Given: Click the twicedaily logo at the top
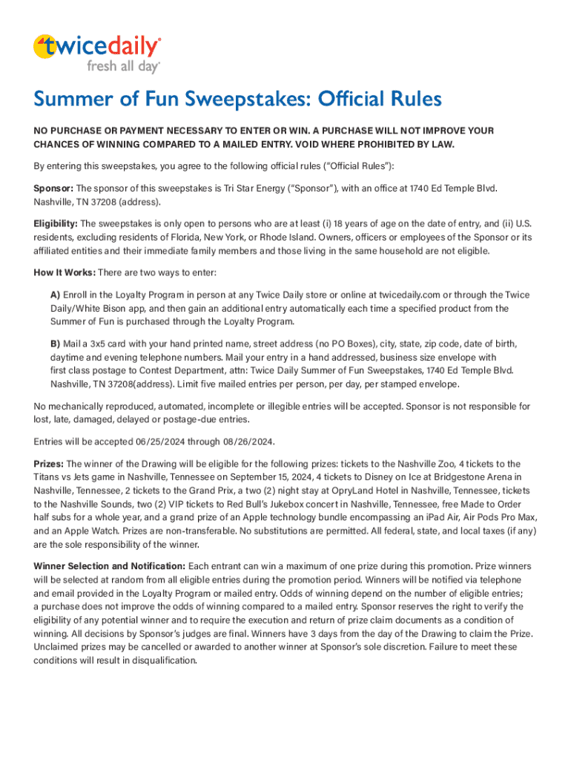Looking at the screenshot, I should (96, 47).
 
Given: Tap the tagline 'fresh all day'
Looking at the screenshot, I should (123, 67).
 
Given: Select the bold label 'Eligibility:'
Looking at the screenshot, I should (56, 223).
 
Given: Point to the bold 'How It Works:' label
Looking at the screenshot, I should (65, 272).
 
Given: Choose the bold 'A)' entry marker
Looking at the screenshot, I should (55, 294).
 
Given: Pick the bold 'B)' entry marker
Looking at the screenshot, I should (55, 344).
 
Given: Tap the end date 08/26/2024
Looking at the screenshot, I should (247, 442).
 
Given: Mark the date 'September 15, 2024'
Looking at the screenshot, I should (283, 477).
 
